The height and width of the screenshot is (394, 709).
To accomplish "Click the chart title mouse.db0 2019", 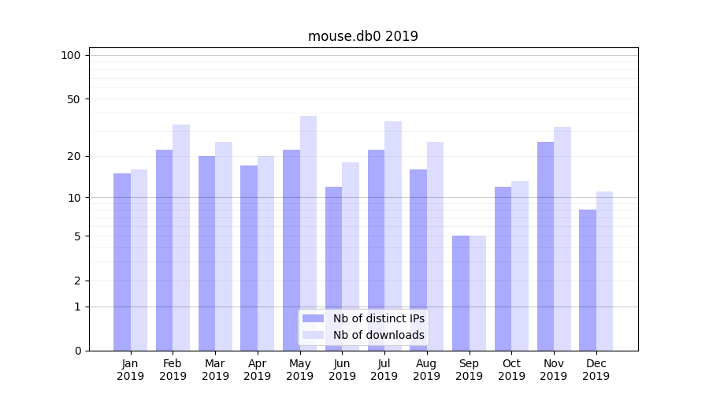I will click(362, 36).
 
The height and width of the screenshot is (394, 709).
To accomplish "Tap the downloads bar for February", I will click(181, 237).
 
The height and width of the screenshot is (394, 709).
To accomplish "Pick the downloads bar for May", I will click(308, 233).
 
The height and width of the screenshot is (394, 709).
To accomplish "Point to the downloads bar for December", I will click(604, 271).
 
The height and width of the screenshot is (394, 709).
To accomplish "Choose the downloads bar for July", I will click(393, 236).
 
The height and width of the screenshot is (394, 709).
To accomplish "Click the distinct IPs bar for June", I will click(333, 269).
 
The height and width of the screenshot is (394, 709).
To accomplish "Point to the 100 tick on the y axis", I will click(71, 55).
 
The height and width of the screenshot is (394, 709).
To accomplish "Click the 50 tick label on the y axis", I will click(74, 99).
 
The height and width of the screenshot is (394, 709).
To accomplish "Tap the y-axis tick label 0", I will click(77, 351).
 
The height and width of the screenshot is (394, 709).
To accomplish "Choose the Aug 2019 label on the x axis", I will click(426, 370).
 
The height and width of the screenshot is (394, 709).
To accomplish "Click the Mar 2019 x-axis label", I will click(215, 370).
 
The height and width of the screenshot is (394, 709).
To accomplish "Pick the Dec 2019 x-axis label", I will click(596, 370).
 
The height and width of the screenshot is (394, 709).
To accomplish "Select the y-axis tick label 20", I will click(74, 156).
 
